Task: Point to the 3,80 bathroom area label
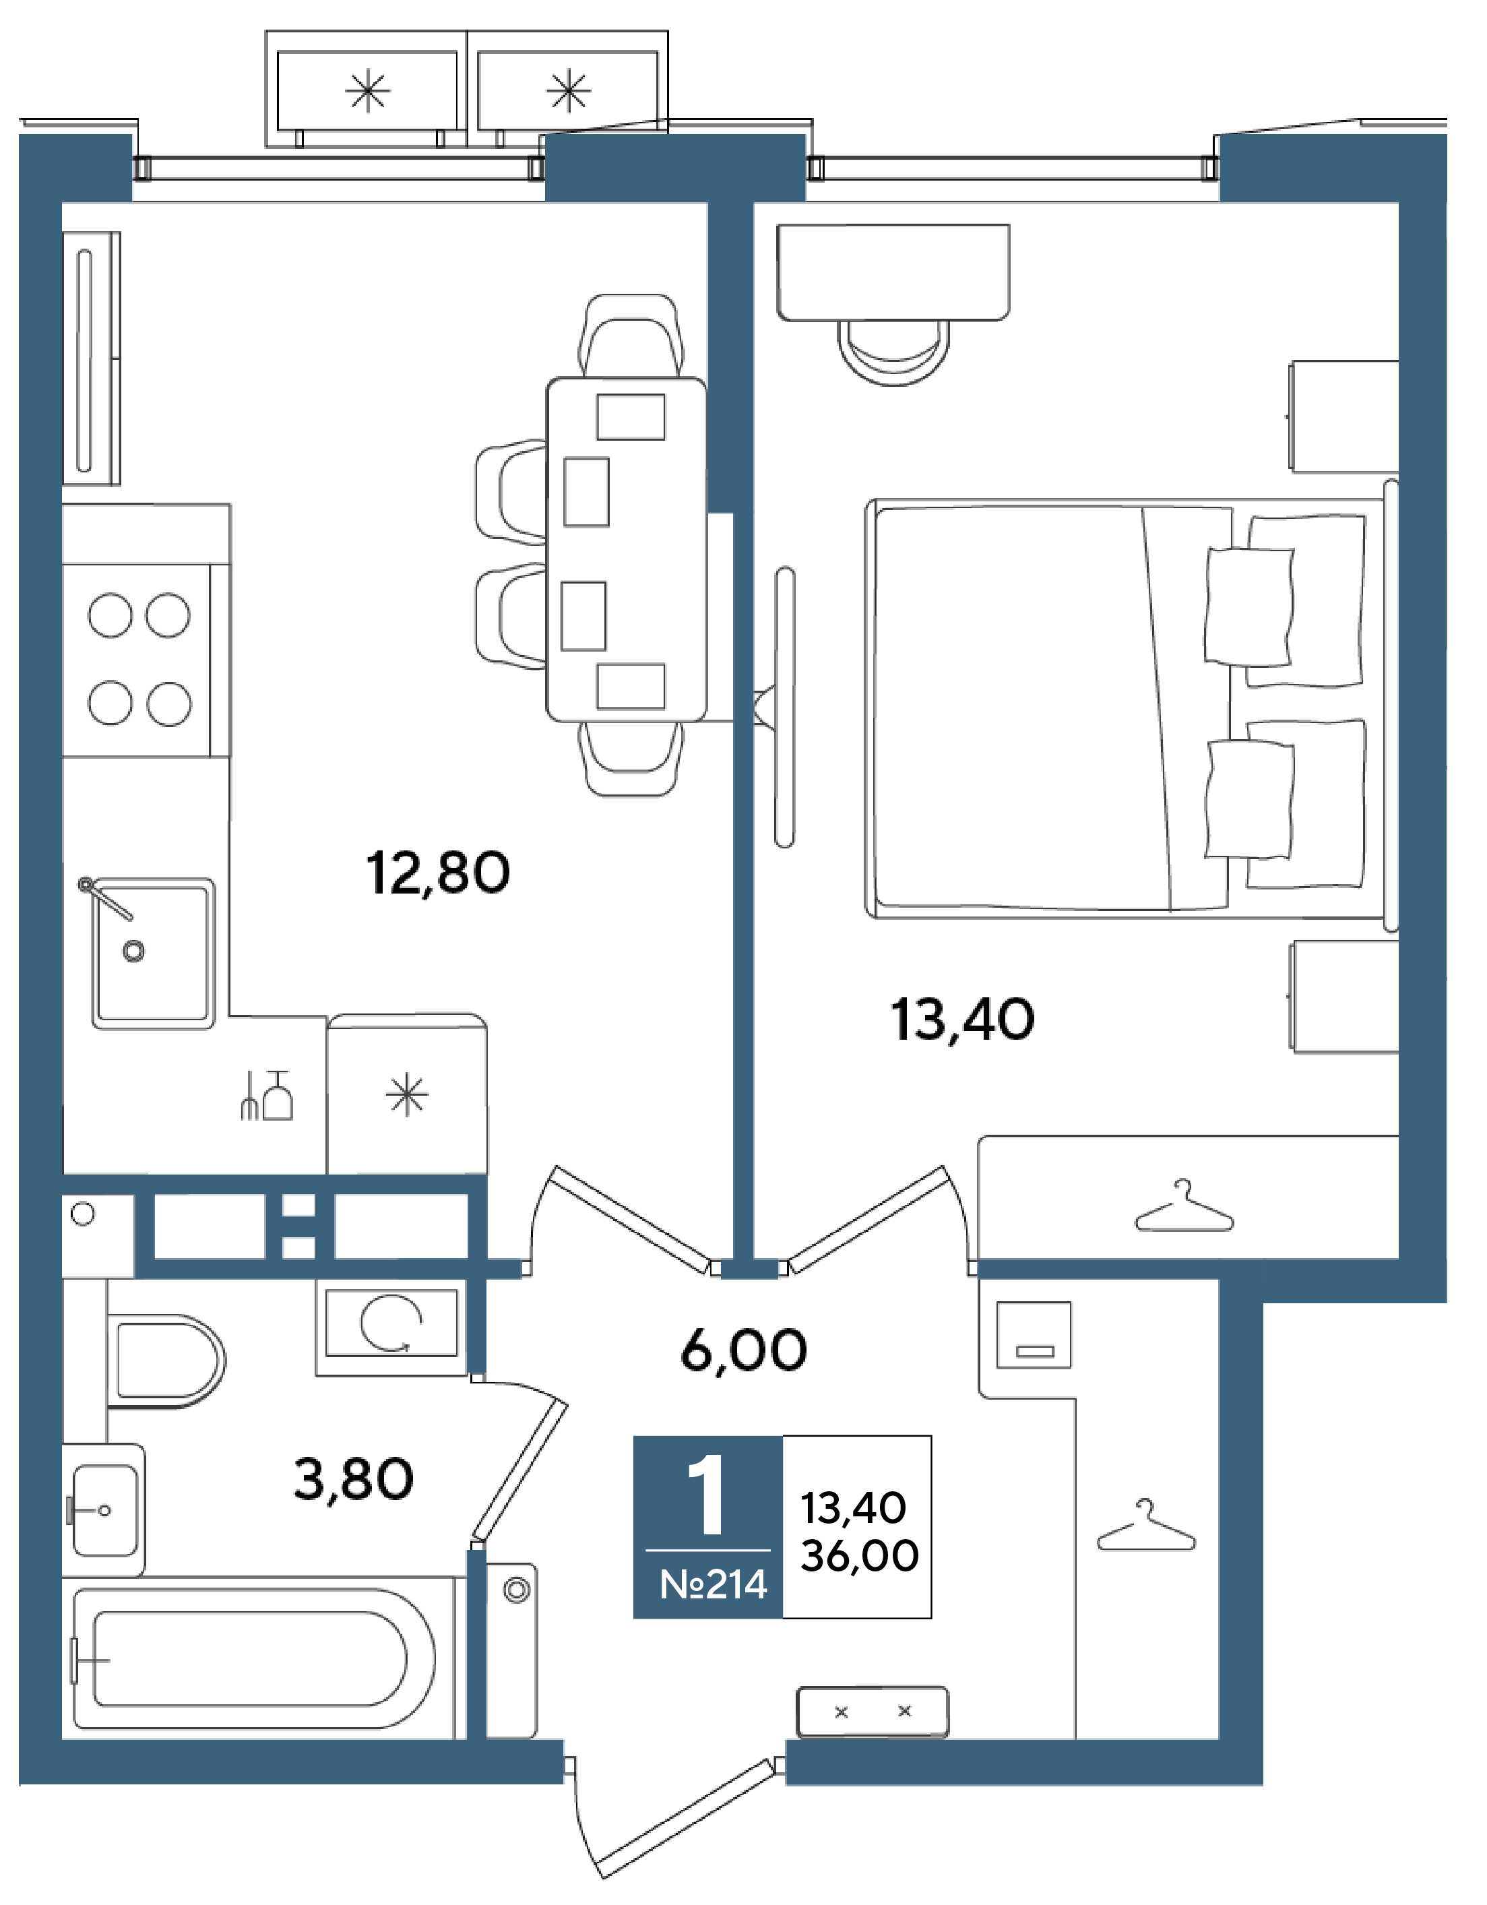click(353, 1478)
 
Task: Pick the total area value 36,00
click(859, 1555)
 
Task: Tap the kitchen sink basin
click(154, 954)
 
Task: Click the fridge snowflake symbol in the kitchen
click(407, 1096)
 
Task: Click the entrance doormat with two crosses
click(872, 1712)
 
